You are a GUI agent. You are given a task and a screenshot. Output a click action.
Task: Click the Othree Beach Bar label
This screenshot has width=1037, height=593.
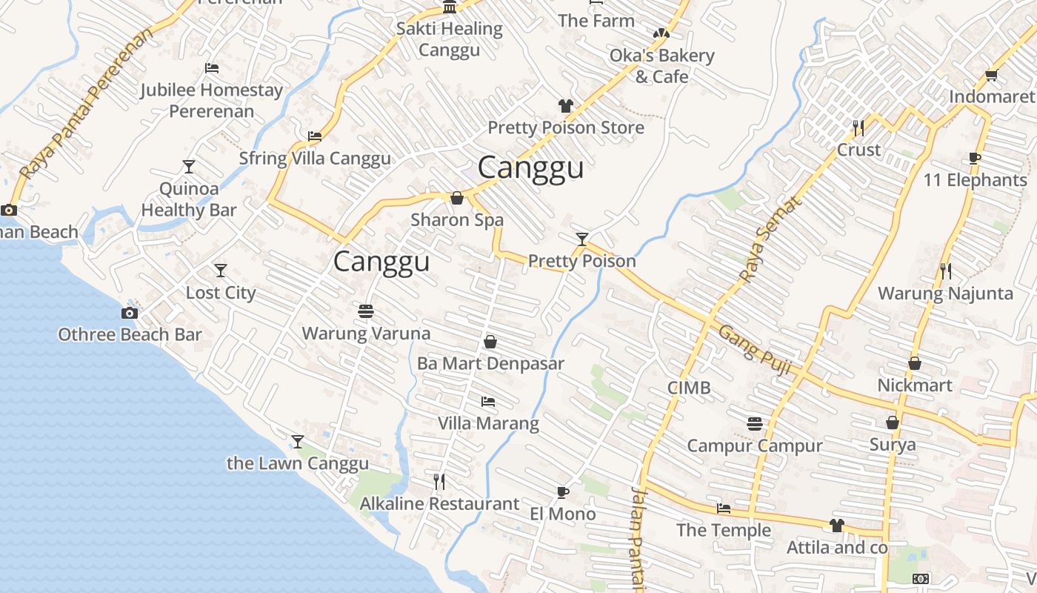[x=130, y=334]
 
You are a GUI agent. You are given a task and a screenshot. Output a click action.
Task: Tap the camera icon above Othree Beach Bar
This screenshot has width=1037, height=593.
[x=130, y=313]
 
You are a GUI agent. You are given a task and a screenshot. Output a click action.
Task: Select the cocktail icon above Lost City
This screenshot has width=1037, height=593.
[x=220, y=271]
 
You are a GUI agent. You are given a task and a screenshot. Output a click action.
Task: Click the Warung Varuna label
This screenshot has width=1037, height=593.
[x=366, y=334]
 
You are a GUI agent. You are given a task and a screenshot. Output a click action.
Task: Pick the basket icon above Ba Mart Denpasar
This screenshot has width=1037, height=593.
[x=490, y=342]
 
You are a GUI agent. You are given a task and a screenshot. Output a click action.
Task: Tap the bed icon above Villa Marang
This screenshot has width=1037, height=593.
[x=487, y=402]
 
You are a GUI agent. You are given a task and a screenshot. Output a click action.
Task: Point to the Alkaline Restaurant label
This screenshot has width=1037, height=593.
[x=439, y=504]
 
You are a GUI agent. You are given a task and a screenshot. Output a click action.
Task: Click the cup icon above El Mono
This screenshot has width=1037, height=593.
[x=562, y=492]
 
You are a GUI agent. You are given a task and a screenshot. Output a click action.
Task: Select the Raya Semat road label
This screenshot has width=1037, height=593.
[x=770, y=239]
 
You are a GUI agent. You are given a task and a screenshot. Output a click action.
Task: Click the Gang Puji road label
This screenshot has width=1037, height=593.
[x=755, y=351]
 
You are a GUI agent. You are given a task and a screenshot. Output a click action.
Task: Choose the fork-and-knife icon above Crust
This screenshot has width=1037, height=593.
[x=858, y=127]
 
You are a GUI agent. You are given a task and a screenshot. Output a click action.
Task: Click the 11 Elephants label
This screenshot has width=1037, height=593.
[x=975, y=180]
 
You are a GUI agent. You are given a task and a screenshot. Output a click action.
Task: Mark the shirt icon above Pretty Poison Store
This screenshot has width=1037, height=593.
[x=566, y=106]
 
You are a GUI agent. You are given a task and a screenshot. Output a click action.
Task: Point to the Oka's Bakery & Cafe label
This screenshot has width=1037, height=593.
[x=661, y=66]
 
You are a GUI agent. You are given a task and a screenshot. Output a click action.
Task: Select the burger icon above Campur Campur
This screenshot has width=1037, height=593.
[x=754, y=424]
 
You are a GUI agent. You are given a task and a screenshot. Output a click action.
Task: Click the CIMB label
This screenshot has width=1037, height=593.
[x=688, y=388]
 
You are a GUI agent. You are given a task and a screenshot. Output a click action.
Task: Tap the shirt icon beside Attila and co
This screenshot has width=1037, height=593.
[x=836, y=526]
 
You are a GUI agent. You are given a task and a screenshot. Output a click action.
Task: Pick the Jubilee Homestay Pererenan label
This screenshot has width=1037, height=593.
[x=212, y=101]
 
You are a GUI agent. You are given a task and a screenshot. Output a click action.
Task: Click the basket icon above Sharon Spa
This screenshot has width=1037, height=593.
[x=457, y=198]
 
